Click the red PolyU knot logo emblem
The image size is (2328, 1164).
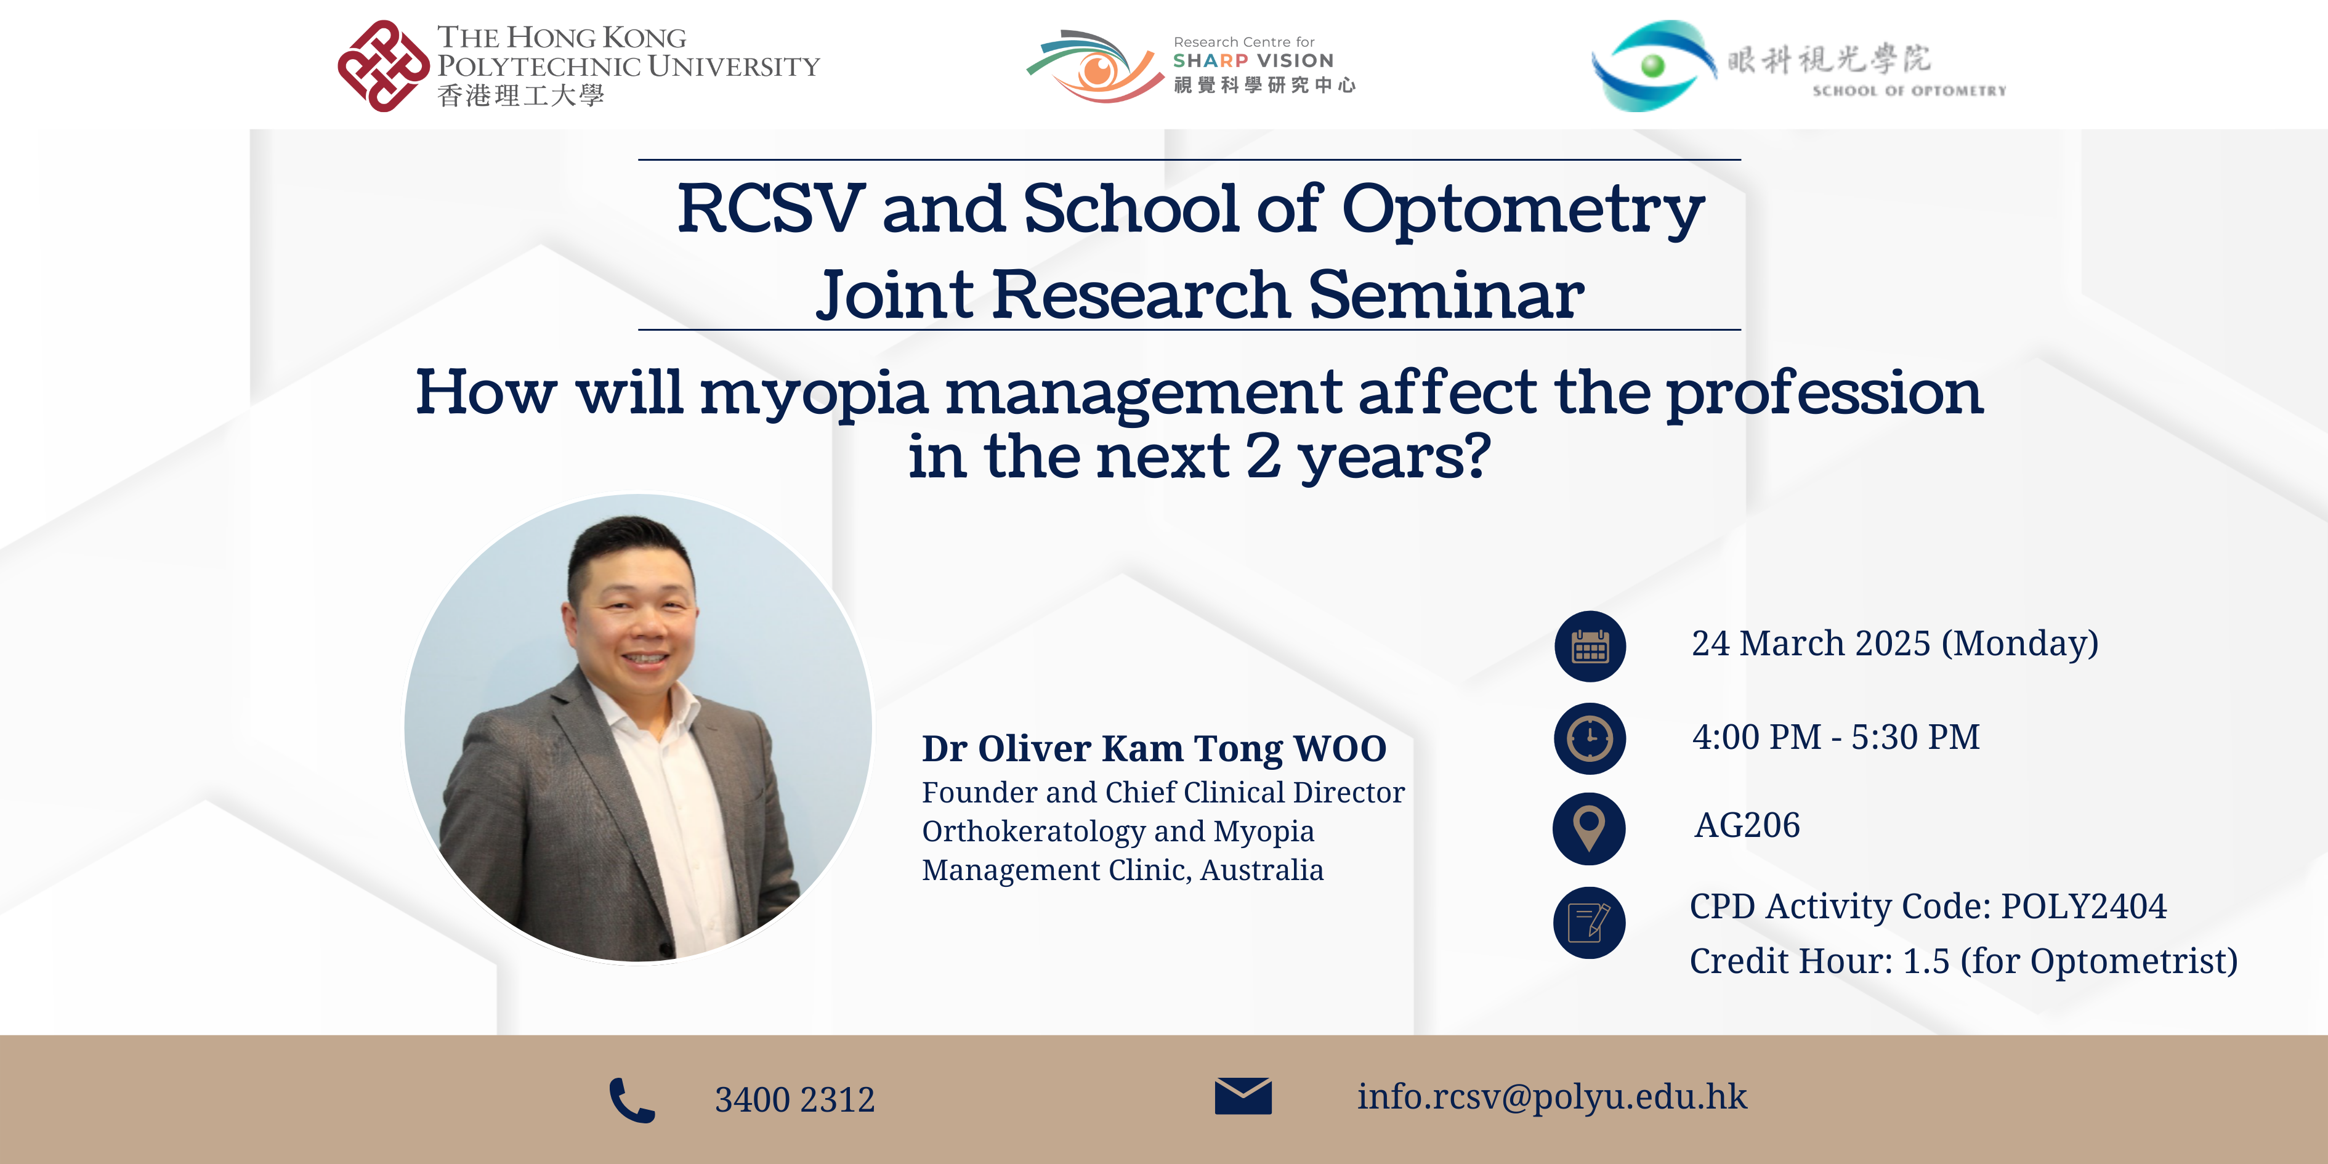[383, 66]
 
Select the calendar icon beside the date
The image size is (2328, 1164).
[1590, 646]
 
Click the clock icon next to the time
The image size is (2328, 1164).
[1590, 738]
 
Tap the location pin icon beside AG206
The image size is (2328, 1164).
[1589, 829]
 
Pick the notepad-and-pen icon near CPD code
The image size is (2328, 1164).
[1589, 923]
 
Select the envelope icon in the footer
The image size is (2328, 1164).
[1243, 1096]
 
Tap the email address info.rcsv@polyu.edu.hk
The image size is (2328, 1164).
[1552, 1097]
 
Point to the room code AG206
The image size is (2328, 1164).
[1747, 825]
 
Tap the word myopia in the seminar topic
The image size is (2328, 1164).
[814, 394]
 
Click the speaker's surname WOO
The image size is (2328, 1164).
[1340, 748]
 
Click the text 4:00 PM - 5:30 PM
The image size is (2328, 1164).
[1835, 737]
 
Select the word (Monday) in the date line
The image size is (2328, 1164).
[2020, 644]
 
